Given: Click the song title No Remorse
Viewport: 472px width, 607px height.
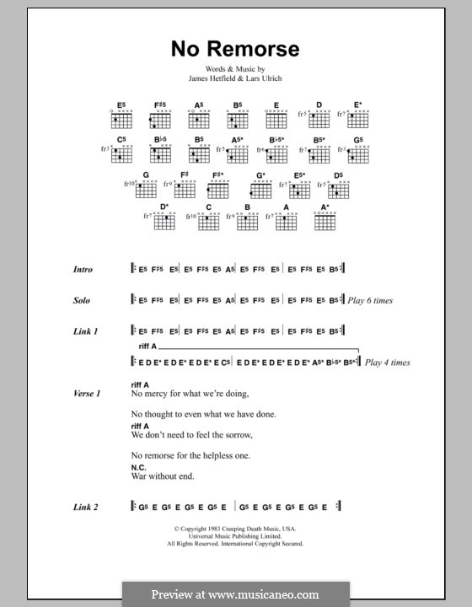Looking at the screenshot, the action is coord(235,49).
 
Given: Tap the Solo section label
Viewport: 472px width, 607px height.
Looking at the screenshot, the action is coord(82,300).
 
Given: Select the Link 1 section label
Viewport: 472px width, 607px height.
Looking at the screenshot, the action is coord(84,331).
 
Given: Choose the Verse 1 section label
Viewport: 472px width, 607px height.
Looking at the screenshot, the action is coord(86,394).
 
